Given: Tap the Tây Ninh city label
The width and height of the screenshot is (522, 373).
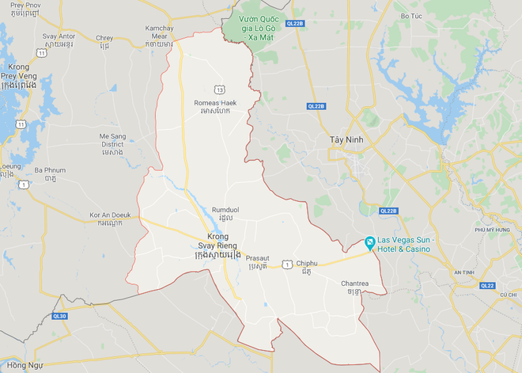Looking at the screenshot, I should click(x=346, y=139).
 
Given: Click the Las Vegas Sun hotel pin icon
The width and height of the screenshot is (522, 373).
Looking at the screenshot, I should click(x=369, y=245).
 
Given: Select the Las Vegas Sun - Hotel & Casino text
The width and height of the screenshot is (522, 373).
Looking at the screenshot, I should click(x=410, y=245).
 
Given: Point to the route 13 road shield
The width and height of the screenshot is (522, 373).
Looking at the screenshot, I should click(x=217, y=88).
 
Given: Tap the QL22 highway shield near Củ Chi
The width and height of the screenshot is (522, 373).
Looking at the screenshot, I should click(x=487, y=286).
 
